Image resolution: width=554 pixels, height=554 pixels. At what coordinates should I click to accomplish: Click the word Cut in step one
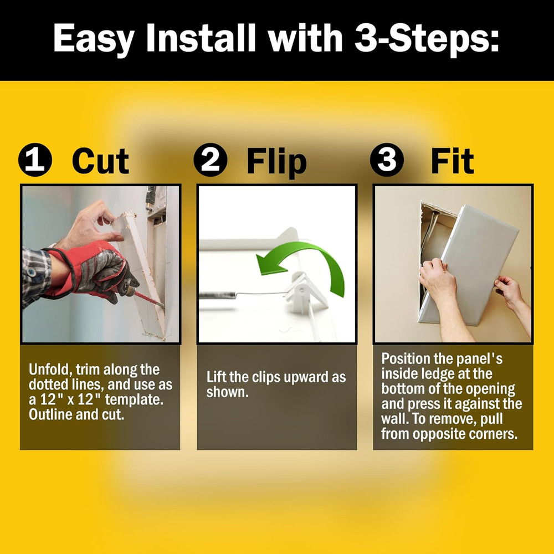100,161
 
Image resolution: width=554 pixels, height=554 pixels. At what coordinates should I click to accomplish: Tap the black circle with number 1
35,161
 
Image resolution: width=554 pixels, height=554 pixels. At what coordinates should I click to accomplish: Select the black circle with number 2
211,161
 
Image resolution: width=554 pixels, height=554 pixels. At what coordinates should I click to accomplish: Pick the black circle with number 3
386,161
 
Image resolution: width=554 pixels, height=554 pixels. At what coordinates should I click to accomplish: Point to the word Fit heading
452,161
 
